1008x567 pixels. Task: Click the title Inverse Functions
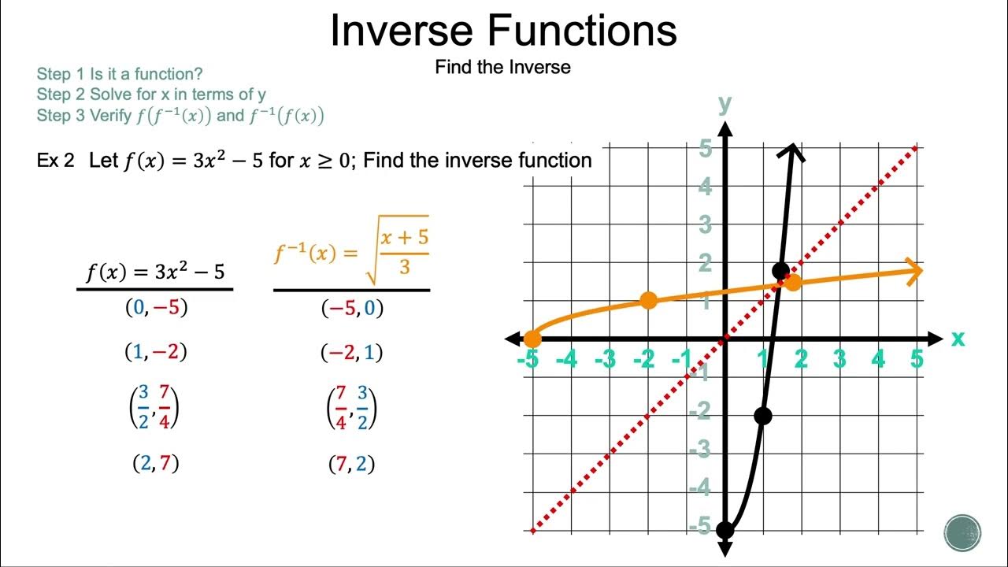tap(503, 31)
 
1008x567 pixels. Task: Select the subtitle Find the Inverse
tap(502, 68)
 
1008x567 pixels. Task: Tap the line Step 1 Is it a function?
tap(120, 74)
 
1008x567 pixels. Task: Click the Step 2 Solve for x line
tap(151, 94)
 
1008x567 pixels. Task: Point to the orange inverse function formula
tap(351, 250)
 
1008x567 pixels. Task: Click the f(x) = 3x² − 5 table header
tap(155, 272)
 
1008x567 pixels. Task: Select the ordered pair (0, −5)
tap(157, 308)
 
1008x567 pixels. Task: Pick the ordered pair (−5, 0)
tap(352, 308)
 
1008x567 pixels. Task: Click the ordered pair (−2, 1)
tap(352, 352)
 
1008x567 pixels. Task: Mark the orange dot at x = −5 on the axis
tap(532, 339)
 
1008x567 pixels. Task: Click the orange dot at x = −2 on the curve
tap(648, 300)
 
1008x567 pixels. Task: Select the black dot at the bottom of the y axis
tap(724, 530)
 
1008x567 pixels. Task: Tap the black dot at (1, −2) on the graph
tap(762, 416)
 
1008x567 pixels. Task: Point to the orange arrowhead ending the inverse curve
tap(913, 271)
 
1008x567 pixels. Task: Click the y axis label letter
tap(724, 103)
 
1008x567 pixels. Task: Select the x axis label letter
tap(958, 339)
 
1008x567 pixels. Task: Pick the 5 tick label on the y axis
tap(706, 148)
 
